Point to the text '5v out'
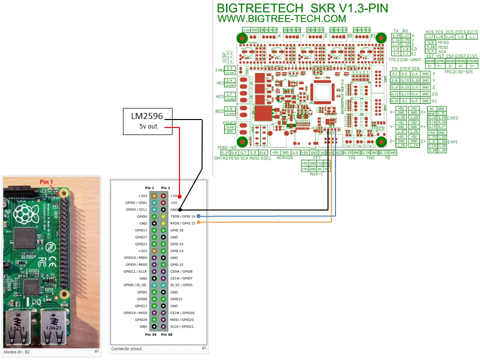[148, 126]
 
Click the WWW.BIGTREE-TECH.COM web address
[281, 18]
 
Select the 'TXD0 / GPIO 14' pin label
[182, 216]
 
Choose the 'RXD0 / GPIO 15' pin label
[182, 223]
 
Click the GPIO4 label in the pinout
[141, 216]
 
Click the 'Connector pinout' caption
[126, 348]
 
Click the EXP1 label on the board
[452, 142]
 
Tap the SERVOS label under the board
[284, 157]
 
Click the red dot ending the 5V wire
[178, 196]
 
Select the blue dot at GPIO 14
[199, 216]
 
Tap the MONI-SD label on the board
[226, 148]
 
